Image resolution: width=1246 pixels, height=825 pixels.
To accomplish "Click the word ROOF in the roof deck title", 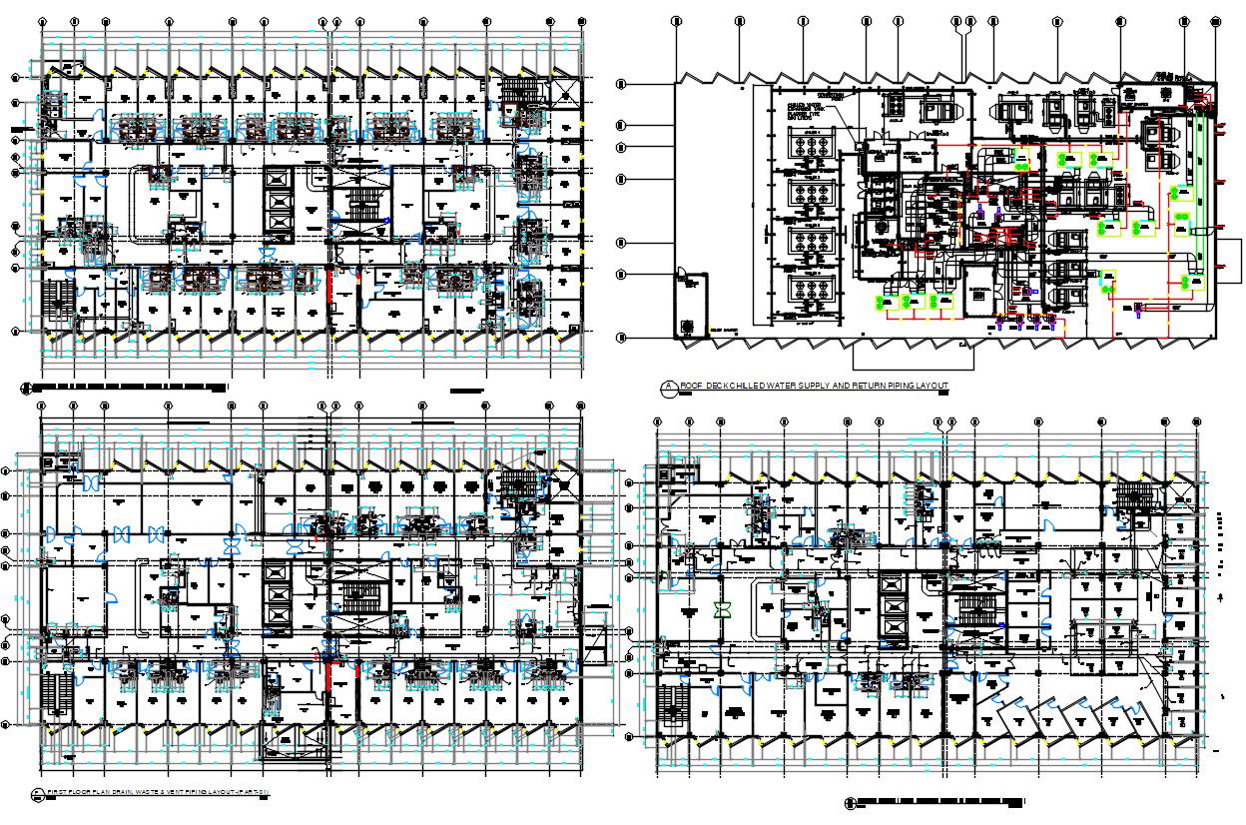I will point(691,386).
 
